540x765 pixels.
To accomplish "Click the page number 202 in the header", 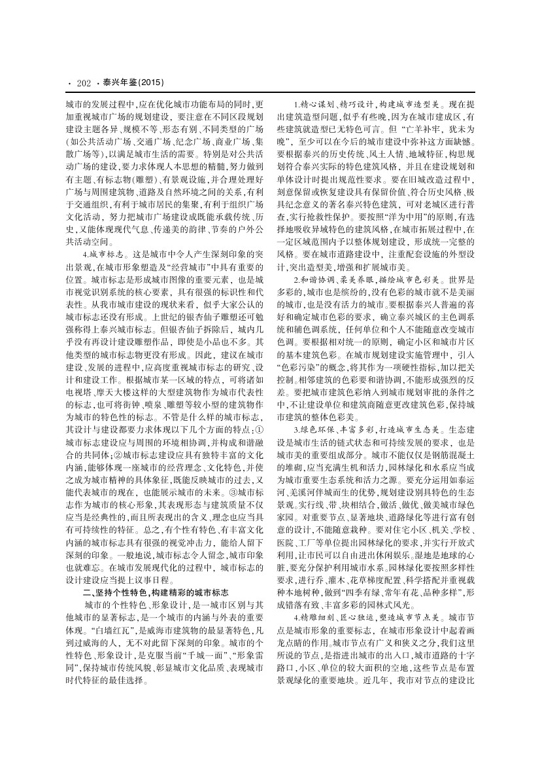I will (x=83, y=83).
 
